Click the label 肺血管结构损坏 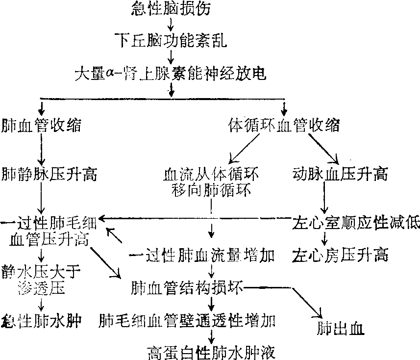point(185,287)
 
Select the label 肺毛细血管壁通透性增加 point(187,321)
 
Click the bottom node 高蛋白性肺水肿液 point(211,352)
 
